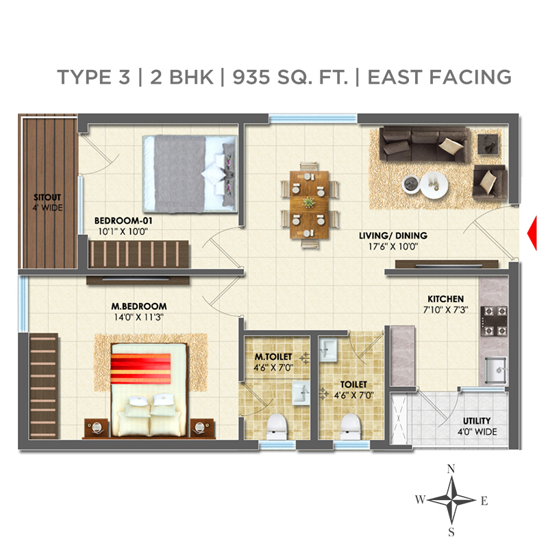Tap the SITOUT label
pos(47,197)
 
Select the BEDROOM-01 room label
pos(123,221)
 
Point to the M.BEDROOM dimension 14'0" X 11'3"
pos(139,317)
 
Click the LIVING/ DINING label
pos(393,236)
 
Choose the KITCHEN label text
pos(446,299)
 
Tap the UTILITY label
pos(477,421)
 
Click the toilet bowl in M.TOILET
pos(277,426)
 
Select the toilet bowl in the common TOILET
pos(351,426)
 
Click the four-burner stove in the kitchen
pos(494,321)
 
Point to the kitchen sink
pos(495,369)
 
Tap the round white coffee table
pos(434,185)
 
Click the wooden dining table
pos(310,205)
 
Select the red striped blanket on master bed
pos(141,369)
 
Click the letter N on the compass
pos(451,469)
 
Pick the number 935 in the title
pos(251,77)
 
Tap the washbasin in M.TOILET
pos(301,393)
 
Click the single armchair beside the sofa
pos(489,182)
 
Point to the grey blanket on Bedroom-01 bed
pos(179,174)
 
